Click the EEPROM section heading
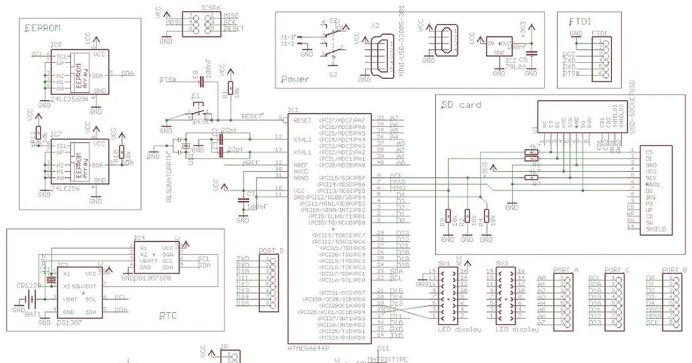[x=43, y=28]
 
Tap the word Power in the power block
[x=295, y=79]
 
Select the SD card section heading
[x=461, y=104]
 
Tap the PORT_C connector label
[x=616, y=270]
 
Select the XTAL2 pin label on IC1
[x=303, y=139]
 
